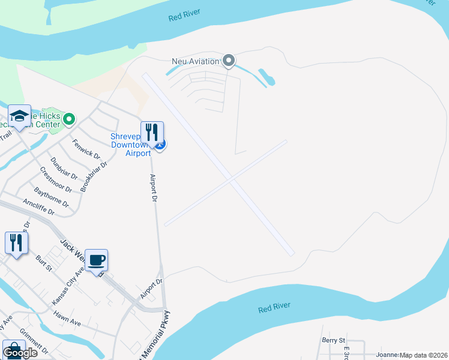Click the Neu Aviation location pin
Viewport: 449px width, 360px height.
click(228, 60)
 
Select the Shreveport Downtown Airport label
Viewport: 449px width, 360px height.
click(130, 145)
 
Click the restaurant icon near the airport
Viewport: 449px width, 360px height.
click(152, 132)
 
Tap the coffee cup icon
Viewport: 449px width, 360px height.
click(96, 260)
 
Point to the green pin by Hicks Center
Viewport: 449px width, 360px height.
click(69, 119)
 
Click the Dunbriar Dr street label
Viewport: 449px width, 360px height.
click(64, 168)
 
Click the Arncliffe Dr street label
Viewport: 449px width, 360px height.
click(38, 207)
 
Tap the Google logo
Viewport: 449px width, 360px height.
click(20, 353)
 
